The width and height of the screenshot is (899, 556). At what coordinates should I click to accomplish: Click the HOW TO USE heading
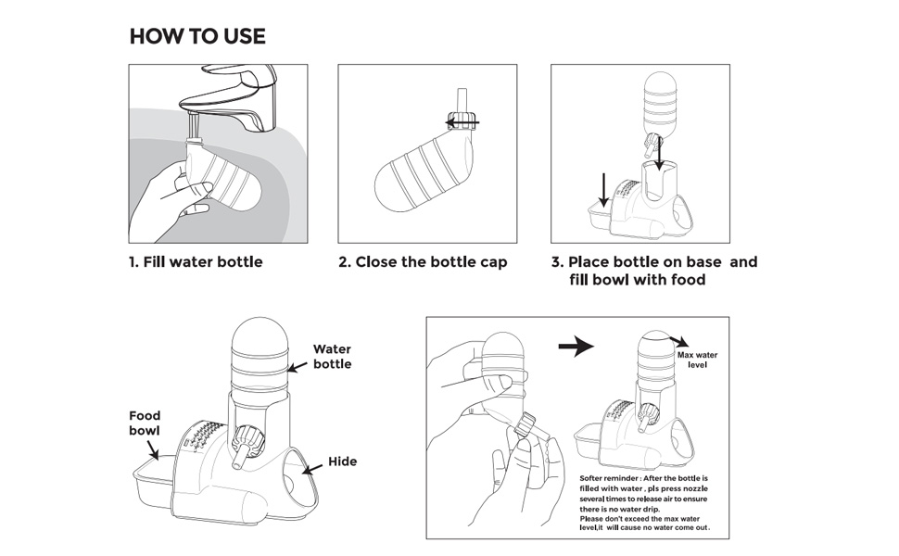197,37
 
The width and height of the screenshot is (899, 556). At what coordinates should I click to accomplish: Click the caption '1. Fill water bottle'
196,262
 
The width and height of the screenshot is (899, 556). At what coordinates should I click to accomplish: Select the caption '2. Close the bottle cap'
423,262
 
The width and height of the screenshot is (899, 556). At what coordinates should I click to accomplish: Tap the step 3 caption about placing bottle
653,271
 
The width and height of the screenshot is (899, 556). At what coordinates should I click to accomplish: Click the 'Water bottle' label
332,357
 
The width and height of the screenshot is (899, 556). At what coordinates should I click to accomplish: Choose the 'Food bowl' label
145,423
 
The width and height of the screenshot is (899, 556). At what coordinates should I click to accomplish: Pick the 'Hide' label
342,461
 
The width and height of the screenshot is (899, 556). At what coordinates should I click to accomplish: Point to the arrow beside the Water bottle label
297,367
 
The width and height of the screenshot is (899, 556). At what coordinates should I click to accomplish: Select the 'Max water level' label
697,360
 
